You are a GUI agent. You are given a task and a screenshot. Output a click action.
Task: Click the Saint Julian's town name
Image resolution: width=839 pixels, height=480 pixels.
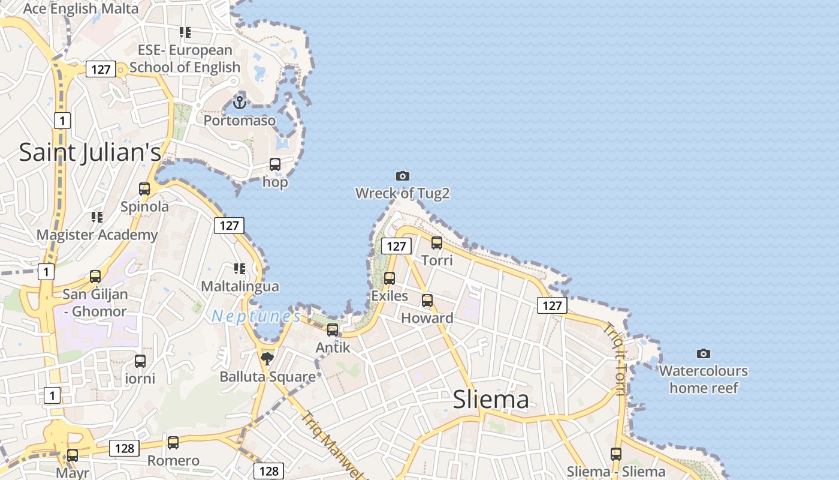[x=90, y=152]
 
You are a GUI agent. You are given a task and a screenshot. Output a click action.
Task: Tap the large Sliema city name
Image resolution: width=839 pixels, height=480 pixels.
[x=491, y=400]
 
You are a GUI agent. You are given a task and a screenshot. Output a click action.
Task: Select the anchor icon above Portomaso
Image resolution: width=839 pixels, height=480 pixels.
[x=240, y=103]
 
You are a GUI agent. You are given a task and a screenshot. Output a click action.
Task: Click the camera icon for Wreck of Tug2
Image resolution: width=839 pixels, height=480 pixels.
[x=403, y=176]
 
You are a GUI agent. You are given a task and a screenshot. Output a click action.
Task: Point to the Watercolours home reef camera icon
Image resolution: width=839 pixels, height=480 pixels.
[x=704, y=353]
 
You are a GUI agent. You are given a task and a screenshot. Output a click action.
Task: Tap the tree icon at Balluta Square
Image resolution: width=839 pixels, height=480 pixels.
[x=267, y=359]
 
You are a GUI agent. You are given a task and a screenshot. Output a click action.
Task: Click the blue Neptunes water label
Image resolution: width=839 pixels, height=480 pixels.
[x=256, y=316]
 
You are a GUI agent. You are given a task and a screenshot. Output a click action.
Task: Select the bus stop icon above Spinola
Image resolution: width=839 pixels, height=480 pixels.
[x=144, y=189]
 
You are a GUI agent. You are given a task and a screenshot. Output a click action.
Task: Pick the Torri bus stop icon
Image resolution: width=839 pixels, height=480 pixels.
[x=437, y=243]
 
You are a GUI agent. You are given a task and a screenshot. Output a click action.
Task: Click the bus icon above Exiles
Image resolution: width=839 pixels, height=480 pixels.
[x=390, y=278]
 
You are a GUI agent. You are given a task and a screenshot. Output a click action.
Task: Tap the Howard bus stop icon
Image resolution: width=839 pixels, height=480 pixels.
[x=427, y=301]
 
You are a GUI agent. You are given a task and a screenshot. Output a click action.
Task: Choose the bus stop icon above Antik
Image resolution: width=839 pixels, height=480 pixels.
[x=333, y=329]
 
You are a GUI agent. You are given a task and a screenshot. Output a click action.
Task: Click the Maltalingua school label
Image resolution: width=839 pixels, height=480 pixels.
[x=240, y=286]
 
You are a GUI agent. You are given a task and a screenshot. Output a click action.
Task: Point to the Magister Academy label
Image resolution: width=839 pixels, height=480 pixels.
[x=97, y=235]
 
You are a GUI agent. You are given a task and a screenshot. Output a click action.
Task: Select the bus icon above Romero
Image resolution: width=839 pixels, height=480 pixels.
[x=173, y=443]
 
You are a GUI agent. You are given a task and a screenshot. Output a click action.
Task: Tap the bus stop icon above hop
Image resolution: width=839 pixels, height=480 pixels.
[x=275, y=164]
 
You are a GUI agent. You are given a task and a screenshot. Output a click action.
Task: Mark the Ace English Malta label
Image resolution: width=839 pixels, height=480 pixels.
[x=81, y=8]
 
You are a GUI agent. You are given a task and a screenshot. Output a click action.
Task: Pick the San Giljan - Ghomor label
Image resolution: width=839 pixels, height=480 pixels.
[x=95, y=302]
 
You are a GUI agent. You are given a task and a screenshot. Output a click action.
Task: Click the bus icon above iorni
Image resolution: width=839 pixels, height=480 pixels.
[x=140, y=361]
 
